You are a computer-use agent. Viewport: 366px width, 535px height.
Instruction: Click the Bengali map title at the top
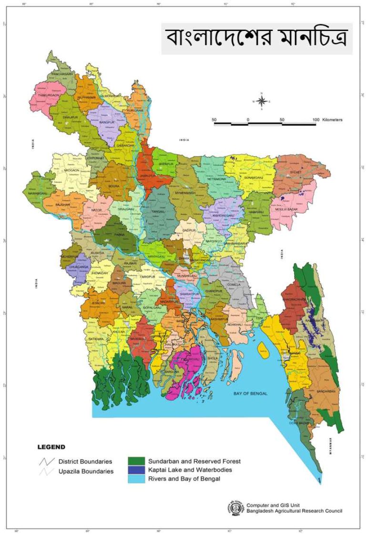click(x=256, y=38)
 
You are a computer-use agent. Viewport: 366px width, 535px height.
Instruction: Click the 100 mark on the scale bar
click(x=315, y=119)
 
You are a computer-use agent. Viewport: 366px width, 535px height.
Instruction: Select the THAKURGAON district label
click(x=48, y=95)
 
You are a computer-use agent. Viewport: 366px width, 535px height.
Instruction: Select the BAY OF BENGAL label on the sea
click(x=251, y=394)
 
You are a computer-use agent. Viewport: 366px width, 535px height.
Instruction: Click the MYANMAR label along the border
click(x=330, y=447)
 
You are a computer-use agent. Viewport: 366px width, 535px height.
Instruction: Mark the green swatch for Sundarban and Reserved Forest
click(x=136, y=461)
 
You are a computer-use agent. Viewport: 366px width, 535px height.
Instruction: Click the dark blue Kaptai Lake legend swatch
click(x=136, y=470)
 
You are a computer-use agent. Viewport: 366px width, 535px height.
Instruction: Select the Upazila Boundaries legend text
click(x=86, y=471)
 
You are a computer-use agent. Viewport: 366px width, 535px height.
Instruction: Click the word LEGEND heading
click(x=51, y=447)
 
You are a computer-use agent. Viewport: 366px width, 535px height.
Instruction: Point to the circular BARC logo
click(x=236, y=507)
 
